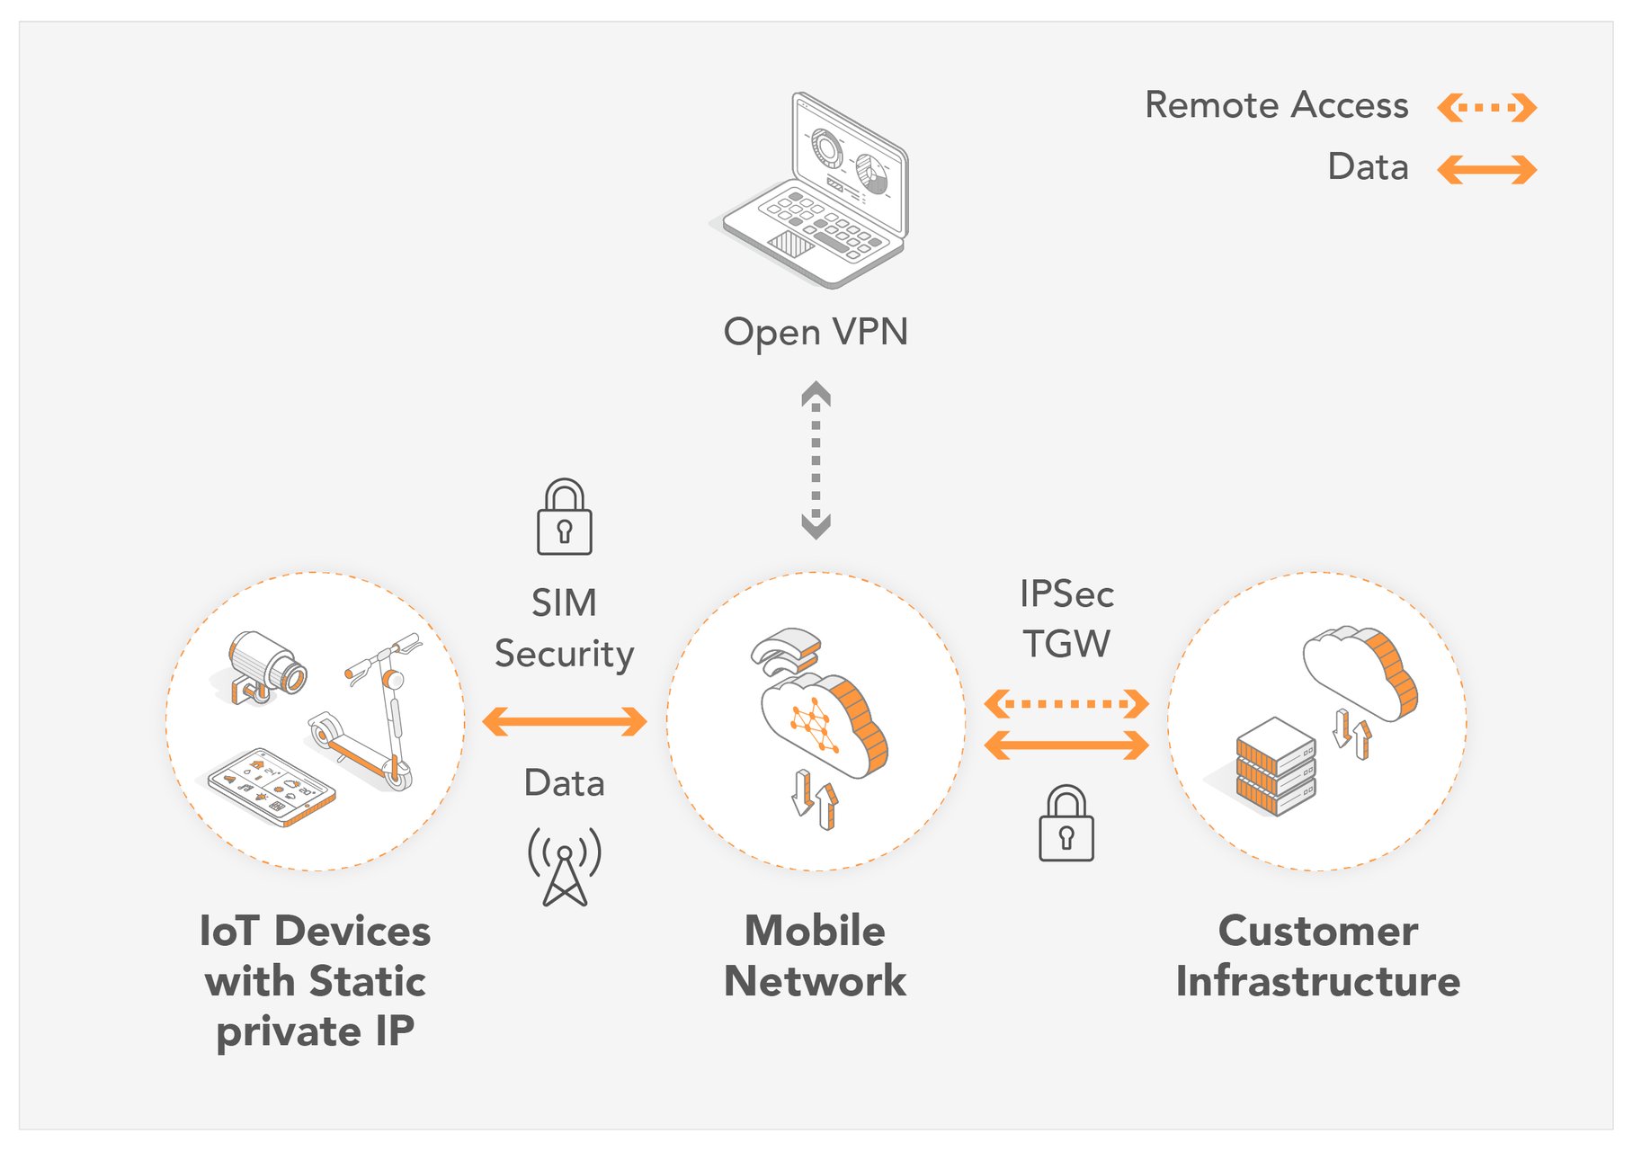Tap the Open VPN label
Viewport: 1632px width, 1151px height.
(816, 332)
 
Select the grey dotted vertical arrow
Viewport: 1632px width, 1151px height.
(816, 460)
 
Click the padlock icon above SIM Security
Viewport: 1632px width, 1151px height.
(564, 518)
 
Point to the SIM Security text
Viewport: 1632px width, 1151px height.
(564, 628)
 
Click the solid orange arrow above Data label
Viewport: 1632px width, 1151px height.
(565, 721)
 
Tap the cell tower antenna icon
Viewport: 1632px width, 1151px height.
(565, 866)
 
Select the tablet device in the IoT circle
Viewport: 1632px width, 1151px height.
(271, 785)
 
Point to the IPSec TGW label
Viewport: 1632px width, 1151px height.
(1066, 619)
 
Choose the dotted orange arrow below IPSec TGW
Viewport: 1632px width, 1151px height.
(1066, 703)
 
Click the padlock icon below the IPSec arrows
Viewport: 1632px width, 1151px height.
(1066, 825)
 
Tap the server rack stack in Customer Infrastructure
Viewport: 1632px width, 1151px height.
(1275, 766)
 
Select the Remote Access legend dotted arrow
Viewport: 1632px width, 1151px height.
(1486, 108)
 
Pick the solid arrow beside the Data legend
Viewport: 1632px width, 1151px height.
(1486, 169)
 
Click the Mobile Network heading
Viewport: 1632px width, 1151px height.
(816, 956)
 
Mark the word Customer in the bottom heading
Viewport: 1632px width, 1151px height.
(1318, 931)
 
